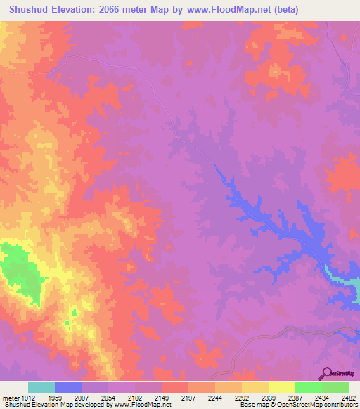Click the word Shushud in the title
[27, 10]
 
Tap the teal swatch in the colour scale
[41, 387]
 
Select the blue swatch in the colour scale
[67, 387]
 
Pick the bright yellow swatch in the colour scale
[281, 387]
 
